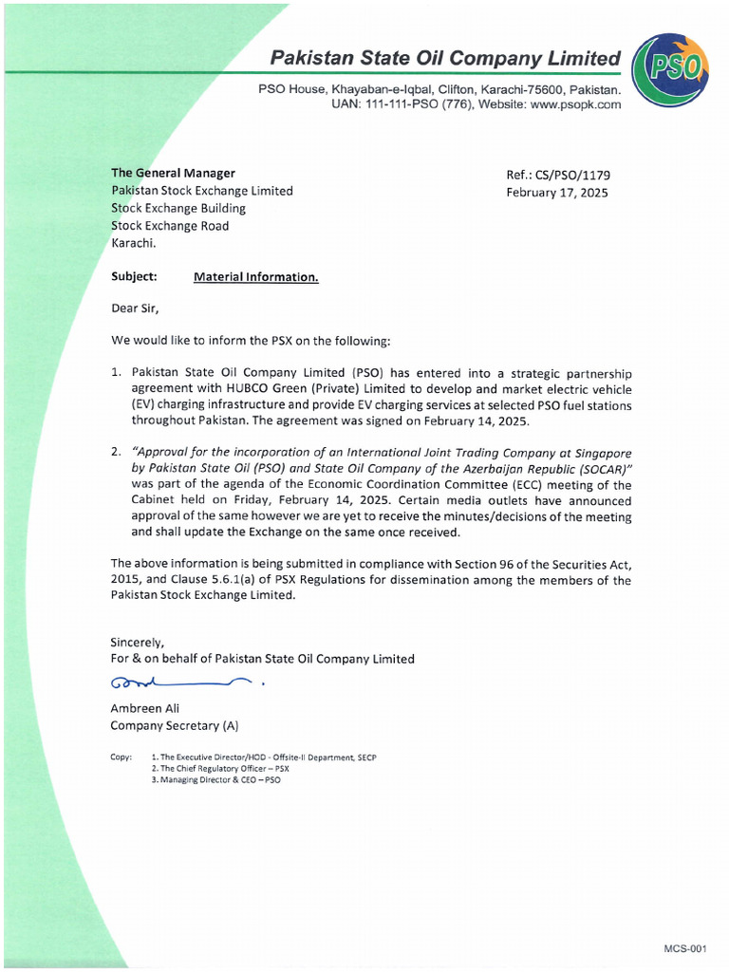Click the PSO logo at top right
(669, 69)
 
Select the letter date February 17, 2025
(558, 192)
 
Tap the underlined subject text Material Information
(255, 277)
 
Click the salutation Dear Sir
(135, 308)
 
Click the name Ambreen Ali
(144, 708)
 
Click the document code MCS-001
(685, 948)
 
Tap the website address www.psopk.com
(575, 104)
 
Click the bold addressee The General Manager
(173, 173)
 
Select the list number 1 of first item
(116, 373)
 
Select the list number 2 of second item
(116, 452)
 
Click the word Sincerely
(137, 642)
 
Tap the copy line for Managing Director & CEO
(215, 779)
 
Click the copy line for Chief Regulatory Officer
(220, 768)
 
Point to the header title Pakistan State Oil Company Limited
(445, 58)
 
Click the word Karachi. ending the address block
(134, 243)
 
